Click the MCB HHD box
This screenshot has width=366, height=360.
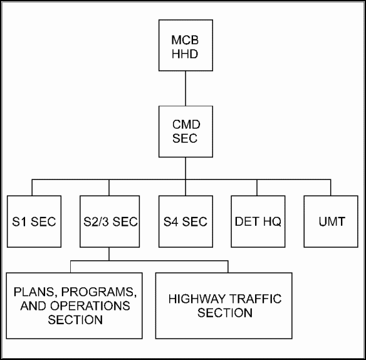coord(186,45)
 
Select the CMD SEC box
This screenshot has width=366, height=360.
coord(186,132)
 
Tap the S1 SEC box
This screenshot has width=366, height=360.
coord(34,221)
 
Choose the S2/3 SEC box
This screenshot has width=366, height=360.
coord(110,221)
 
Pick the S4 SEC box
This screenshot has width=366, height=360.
coord(186,221)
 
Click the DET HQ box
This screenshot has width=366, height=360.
coord(258,221)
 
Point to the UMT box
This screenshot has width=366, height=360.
coord(331,221)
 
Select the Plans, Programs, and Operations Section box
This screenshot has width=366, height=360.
coord(74,305)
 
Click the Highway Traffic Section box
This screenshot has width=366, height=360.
coord(224,305)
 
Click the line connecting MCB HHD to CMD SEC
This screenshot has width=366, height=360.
coord(186,88)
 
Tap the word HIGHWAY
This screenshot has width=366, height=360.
coord(197,299)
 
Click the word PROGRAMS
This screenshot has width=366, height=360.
coord(99,292)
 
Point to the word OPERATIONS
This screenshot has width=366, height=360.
coord(90,306)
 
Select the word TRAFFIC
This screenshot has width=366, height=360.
coord(255,299)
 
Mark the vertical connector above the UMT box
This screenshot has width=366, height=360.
coord(330,188)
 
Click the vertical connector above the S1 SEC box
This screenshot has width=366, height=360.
coord(32,188)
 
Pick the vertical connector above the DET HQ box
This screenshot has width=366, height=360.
coord(257,188)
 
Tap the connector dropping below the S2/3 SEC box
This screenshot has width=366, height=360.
coord(109,254)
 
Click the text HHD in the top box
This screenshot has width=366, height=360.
coord(185,54)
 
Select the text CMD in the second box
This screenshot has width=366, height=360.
coord(186,124)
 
